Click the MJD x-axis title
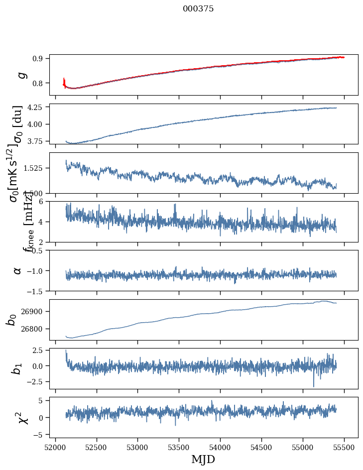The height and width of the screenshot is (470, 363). coord(203,459)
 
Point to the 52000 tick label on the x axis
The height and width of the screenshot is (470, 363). coord(55,446)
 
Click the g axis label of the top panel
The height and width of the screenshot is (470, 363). coord(20,75)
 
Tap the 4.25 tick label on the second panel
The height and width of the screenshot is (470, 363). coord(34,107)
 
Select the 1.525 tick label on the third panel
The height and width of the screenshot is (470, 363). coord(33,168)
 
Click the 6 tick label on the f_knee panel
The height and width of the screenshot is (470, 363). coord(42,201)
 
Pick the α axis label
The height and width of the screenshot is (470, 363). coord(17,270)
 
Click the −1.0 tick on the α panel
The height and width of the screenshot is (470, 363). coord(36,270)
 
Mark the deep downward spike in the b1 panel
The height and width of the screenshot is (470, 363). coord(314,385)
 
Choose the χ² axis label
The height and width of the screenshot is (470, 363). coord(22,417)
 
